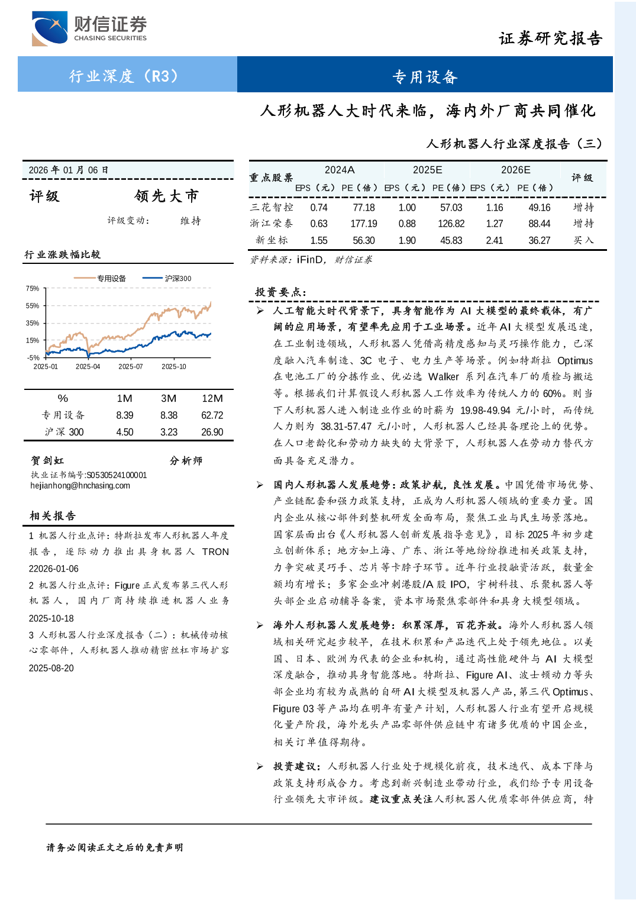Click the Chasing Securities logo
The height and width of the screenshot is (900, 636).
[x=89, y=28]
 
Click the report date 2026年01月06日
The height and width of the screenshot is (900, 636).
[x=69, y=170]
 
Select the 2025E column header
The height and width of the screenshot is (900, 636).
[x=427, y=170]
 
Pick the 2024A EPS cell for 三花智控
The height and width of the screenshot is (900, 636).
[x=319, y=208]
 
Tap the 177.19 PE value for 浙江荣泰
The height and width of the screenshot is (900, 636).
[x=363, y=224]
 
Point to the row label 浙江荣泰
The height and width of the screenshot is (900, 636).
[x=272, y=224]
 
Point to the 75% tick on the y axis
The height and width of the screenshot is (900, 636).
[x=33, y=289]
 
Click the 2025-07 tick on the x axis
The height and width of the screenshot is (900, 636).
[x=131, y=366]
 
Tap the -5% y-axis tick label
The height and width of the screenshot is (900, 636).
[x=33, y=357]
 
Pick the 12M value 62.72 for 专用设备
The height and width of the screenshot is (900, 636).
[x=212, y=415]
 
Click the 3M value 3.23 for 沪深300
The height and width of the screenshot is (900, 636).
[x=169, y=432]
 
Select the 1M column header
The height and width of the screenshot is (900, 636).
[x=124, y=399]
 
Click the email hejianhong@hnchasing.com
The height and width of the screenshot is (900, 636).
[x=80, y=486]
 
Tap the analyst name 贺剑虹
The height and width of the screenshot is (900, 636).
[x=47, y=460]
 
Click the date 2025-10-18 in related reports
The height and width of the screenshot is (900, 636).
[x=51, y=618]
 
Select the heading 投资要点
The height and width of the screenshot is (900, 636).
[x=280, y=292]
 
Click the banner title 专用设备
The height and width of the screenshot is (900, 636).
[x=425, y=77]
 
